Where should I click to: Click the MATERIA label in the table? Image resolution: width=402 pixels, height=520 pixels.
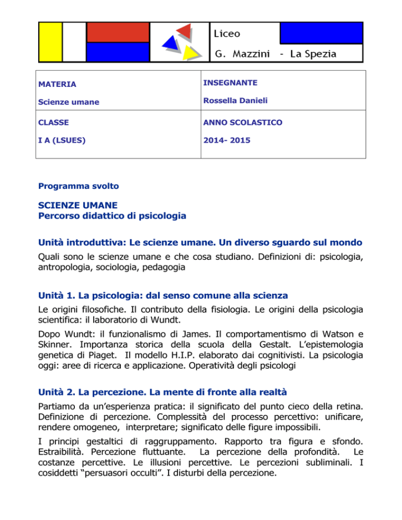57,84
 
